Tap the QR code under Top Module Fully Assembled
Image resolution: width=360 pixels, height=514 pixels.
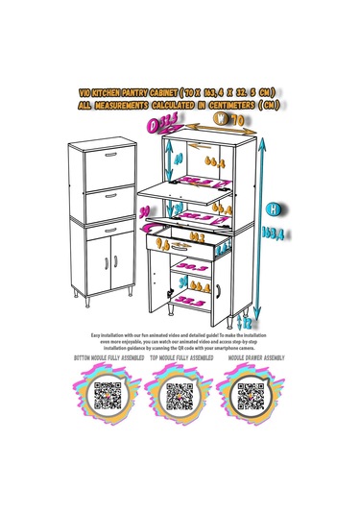click(180, 395)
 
